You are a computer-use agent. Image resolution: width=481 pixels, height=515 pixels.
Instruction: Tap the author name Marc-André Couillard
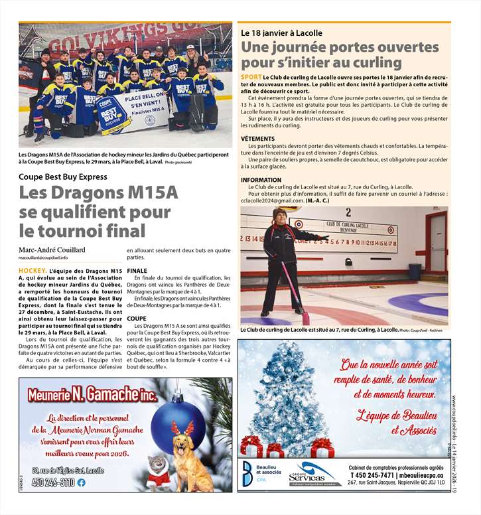pyautogui.click(x=52, y=250)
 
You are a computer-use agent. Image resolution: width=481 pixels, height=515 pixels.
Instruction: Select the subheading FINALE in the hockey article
pyautogui.click(x=137, y=271)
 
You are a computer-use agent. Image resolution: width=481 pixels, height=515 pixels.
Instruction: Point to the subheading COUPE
pyautogui.click(x=136, y=319)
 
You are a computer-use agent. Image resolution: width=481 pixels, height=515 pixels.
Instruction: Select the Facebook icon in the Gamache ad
pyautogui.click(x=82, y=482)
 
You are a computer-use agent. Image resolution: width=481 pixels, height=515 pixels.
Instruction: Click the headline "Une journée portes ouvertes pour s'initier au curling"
pyautogui.click(x=340, y=55)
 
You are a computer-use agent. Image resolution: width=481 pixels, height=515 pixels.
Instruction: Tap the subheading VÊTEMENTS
pyautogui.click(x=258, y=139)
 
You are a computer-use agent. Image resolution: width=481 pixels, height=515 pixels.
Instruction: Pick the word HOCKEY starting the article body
pyautogui.click(x=32, y=271)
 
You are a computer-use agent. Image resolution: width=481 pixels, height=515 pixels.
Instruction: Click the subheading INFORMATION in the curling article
pyautogui.click(x=261, y=180)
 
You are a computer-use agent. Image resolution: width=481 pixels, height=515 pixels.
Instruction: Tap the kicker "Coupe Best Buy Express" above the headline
pyautogui.click(x=63, y=177)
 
